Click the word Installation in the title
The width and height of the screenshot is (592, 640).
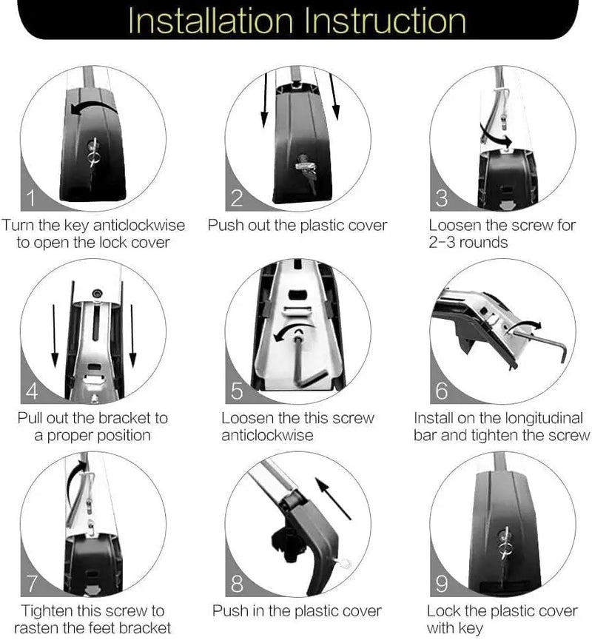211,21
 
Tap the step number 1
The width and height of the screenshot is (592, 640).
30,198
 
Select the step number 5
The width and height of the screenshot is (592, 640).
237,391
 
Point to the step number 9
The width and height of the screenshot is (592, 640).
442,583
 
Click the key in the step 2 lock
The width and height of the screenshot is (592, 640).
307,172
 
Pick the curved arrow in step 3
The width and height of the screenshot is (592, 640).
494,136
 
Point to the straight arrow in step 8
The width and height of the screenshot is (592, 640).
333,499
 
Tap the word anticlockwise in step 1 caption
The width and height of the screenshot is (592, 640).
139,226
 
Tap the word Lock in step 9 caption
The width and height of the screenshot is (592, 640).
443,611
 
